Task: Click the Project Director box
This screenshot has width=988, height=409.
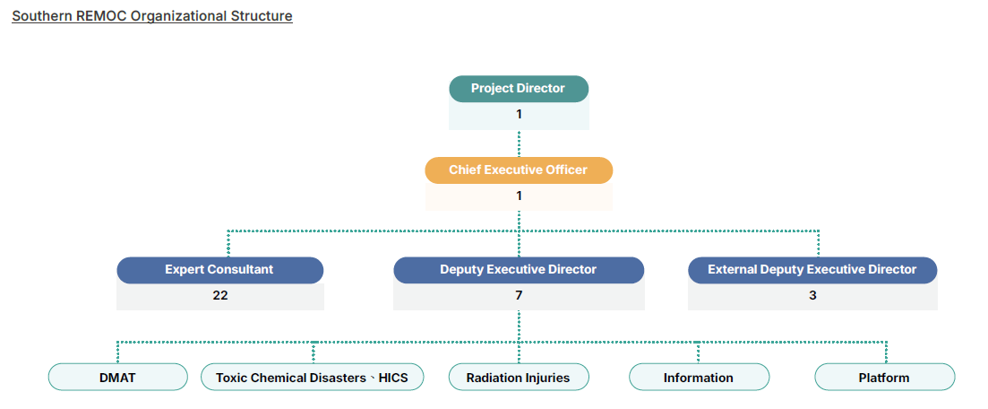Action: point(519,89)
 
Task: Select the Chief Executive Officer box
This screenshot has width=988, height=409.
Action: point(519,170)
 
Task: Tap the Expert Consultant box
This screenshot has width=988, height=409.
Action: point(219,270)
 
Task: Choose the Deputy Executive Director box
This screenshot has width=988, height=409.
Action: point(519,270)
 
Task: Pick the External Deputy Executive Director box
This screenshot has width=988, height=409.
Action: point(812,270)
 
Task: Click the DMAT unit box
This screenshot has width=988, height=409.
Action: point(117,378)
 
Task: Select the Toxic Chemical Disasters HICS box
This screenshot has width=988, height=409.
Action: point(312,378)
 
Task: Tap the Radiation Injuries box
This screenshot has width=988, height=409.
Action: point(519,378)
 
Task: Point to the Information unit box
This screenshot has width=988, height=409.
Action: point(699,378)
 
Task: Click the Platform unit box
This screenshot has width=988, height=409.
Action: point(884,378)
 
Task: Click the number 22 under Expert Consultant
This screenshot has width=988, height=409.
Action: point(220,295)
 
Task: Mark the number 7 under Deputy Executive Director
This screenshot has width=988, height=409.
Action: point(519,295)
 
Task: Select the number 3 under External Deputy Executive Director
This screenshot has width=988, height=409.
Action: point(812,295)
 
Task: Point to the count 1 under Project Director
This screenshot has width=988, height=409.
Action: point(519,114)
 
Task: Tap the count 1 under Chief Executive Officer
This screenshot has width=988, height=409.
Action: point(519,196)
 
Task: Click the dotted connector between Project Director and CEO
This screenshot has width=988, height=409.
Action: point(519,144)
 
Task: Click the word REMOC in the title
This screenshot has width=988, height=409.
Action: point(101,16)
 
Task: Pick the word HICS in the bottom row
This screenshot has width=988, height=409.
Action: point(393,378)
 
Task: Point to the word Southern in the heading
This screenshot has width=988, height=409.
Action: point(40,16)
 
